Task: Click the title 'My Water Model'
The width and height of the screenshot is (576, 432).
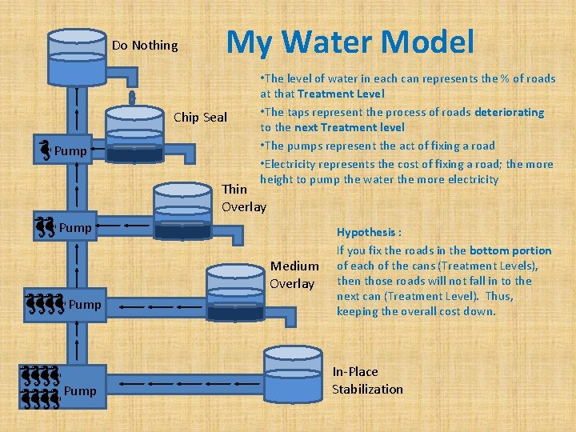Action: [x=350, y=42]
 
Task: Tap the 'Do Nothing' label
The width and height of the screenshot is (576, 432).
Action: [x=145, y=46]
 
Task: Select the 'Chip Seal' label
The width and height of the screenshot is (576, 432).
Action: [x=200, y=118]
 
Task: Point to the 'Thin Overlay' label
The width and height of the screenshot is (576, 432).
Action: [x=243, y=198]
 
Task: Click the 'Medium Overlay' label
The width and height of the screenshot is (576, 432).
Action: [x=294, y=274]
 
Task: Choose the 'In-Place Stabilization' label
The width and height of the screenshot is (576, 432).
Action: [x=367, y=380]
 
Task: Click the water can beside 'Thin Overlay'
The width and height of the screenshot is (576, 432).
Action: [x=182, y=210]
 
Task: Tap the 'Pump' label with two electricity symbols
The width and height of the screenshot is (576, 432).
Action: [x=75, y=228]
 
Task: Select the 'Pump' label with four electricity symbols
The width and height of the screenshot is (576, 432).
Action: [x=85, y=305]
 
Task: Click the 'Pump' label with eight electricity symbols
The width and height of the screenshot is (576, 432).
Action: [x=80, y=391]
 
